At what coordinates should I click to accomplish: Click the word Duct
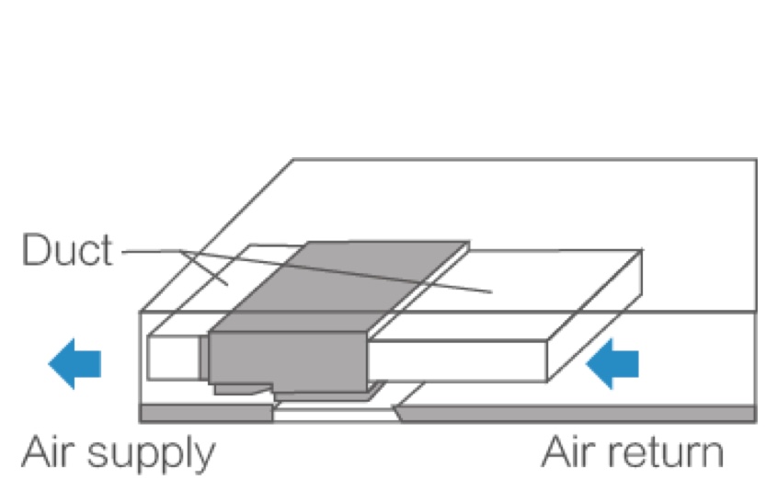tap(66, 251)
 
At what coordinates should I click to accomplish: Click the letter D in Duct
tap(33, 251)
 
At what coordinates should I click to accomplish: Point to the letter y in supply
tap(203, 457)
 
